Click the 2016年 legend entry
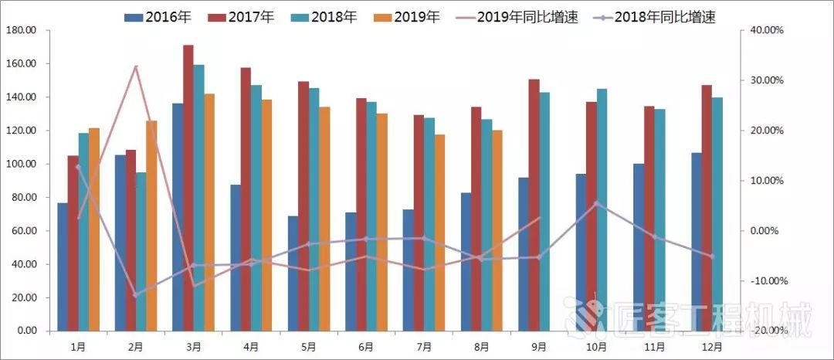click(159, 17)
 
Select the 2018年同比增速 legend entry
click(652, 17)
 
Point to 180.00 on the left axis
click(22, 30)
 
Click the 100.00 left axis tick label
click(22, 164)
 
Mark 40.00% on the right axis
click(767, 30)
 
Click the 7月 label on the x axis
click(424, 347)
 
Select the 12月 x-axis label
click(712, 347)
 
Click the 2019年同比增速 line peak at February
click(136, 66)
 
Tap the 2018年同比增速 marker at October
click(596, 203)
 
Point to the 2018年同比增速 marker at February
click(136, 295)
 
